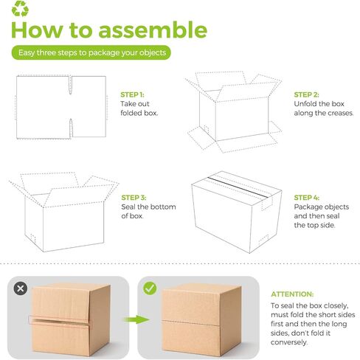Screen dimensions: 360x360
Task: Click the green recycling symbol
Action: coord(20,9)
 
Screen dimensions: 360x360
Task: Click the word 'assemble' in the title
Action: coord(153,30)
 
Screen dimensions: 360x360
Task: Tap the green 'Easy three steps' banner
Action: coord(91,52)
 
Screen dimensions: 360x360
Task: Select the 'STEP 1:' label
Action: coord(132,94)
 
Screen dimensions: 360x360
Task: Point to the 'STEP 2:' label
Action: coord(306,94)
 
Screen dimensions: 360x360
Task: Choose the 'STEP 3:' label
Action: coord(134,198)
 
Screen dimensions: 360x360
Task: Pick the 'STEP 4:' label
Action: coord(307,198)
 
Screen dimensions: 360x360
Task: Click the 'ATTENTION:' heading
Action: coord(292,294)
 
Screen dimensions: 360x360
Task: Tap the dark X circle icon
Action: coord(21,288)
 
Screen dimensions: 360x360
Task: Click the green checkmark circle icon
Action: coord(150,288)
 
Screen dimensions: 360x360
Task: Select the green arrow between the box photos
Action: coord(136,319)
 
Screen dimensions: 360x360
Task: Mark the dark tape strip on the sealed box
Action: coord(238,187)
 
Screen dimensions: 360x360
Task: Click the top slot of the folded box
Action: coord(70,85)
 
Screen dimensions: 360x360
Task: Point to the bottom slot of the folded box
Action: coord(71,128)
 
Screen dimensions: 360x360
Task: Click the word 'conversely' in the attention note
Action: coord(288,342)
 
